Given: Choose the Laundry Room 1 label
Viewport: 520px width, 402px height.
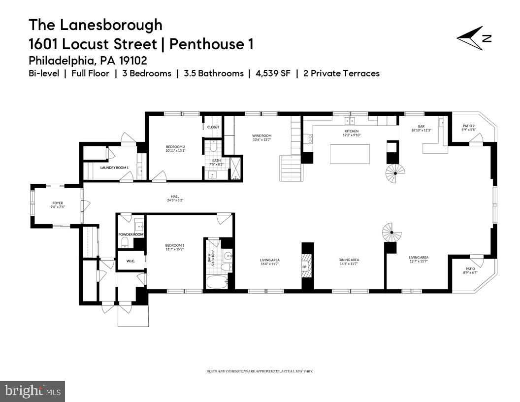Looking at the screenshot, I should pos(114,167).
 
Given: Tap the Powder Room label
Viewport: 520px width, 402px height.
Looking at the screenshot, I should pos(131,234).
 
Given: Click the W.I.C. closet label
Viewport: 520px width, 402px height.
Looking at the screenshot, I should pos(130,260).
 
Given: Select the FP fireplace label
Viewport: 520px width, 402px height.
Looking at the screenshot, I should pos(304,267).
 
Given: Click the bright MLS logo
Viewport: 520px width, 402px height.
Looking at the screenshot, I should pos(32,391).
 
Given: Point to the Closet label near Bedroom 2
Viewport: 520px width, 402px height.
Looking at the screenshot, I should pos(213,127).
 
